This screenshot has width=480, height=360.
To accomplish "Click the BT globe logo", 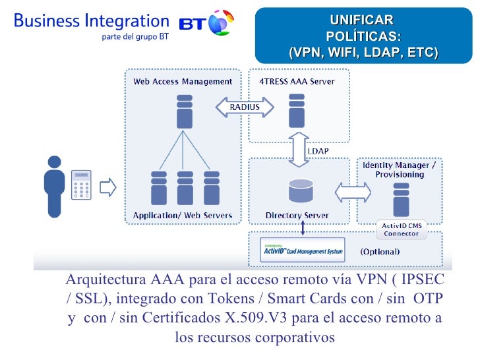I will tap(221, 23).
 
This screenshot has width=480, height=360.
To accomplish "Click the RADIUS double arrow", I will tap(244, 107).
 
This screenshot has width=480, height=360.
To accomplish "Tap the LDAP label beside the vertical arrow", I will tap(318, 151).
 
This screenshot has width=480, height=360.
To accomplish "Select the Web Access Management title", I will tap(183, 82).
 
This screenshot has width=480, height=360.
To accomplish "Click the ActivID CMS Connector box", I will tap(402, 229).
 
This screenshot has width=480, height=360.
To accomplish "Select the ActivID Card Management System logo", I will tap(302, 251).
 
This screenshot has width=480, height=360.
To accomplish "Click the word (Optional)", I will tap(379, 252).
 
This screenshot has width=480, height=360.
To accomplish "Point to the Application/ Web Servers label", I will tap(183, 216).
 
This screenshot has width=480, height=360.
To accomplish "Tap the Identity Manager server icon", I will tap(400, 200).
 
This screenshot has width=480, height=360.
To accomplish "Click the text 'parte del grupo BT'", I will tap(135, 37).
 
